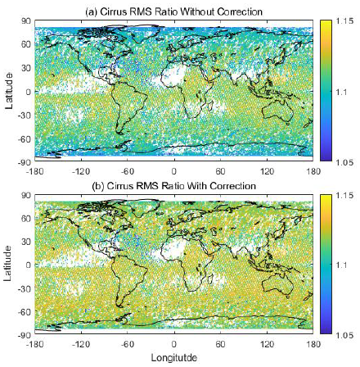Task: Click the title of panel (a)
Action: point(174,11)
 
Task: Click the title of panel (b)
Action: point(174,186)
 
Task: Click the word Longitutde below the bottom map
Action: point(174,358)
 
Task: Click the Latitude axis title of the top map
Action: point(9,91)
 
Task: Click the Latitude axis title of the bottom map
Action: point(8,264)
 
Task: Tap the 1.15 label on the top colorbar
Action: point(344,21)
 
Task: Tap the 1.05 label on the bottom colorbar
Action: point(344,335)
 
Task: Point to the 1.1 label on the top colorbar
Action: point(341,92)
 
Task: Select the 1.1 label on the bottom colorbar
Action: point(341,265)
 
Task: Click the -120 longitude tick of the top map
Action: point(81,171)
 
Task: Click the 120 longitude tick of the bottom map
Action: point(267,344)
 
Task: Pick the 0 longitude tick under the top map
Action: point(174,171)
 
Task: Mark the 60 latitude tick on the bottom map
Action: point(26,219)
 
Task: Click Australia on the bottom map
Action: point(277,284)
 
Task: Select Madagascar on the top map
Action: point(210,105)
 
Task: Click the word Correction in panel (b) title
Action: point(233,186)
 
